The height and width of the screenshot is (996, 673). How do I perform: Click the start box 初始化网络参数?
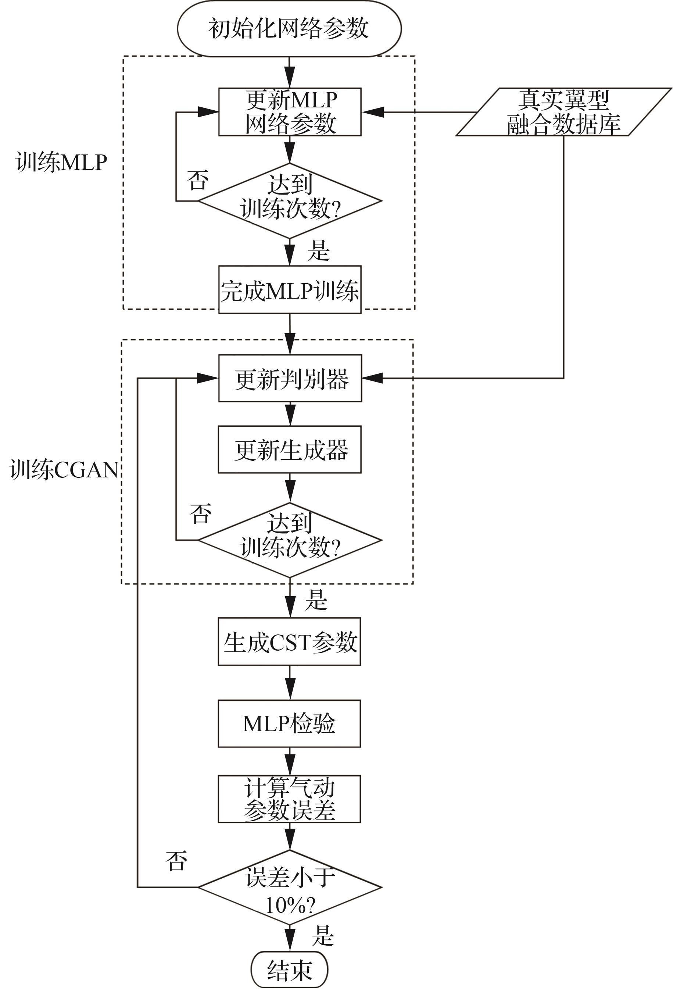289,28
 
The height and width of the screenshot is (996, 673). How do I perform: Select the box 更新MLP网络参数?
290,112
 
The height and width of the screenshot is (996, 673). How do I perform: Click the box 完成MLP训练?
290,290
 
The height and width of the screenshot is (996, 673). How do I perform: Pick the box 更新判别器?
290,378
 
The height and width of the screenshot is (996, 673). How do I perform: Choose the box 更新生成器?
290,449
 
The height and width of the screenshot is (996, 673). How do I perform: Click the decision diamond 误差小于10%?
290,887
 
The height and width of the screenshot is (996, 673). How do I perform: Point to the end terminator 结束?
289,970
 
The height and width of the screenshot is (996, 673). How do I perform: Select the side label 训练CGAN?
63,469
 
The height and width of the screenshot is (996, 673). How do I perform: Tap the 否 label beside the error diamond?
176,861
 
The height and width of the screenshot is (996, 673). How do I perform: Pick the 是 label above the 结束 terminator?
322,936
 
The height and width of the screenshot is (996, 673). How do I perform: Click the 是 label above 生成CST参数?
316,600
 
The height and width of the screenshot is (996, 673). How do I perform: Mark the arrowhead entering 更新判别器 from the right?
372,378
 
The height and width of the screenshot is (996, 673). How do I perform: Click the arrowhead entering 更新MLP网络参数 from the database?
372,112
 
